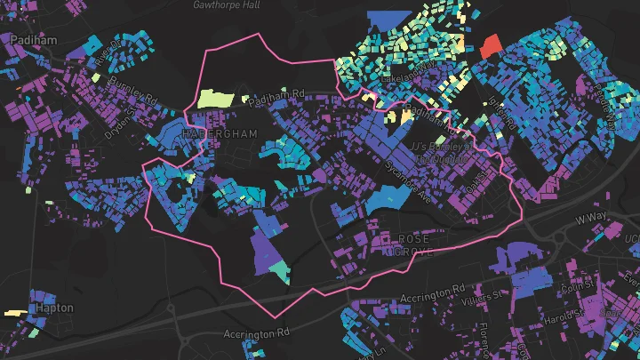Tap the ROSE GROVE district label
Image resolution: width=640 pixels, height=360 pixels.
point(414,245)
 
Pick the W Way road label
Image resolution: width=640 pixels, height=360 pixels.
point(592,218)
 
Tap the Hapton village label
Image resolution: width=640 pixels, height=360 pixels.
point(54,308)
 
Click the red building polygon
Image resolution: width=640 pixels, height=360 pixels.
point(491,45)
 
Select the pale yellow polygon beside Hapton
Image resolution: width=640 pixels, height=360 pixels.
point(14,313)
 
